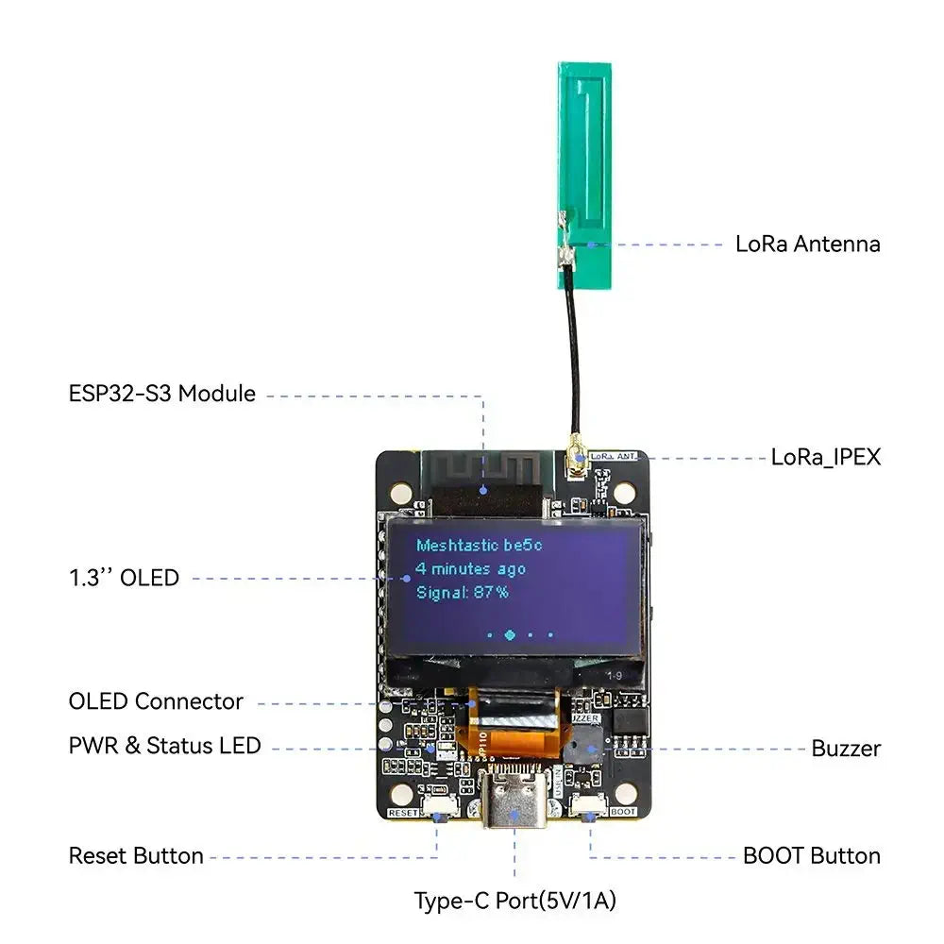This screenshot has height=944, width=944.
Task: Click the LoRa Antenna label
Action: [x=807, y=244]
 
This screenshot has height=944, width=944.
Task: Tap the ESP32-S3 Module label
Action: [x=161, y=394]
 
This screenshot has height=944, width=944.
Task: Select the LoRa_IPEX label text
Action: [x=825, y=457]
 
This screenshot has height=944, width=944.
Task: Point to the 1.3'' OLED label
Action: [x=124, y=578]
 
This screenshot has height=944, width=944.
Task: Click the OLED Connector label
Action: [x=156, y=701]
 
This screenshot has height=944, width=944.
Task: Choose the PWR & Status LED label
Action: [x=164, y=746]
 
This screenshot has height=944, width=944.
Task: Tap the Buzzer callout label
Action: [x=846, y=749]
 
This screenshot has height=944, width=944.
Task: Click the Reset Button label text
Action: [x=136, y=856]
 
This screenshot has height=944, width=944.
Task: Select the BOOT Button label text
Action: [x=811, y=856]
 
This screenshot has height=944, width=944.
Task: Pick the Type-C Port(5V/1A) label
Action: [x=514, y=901]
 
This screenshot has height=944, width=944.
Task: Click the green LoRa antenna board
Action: [x=585, y=170]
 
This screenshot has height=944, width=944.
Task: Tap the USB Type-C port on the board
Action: [x=514, y=807]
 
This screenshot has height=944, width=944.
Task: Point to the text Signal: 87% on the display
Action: [x=463, y=593]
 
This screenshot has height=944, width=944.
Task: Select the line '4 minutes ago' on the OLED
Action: [x=470, y=569]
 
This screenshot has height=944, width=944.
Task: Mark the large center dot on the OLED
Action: [x=510, y=635]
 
